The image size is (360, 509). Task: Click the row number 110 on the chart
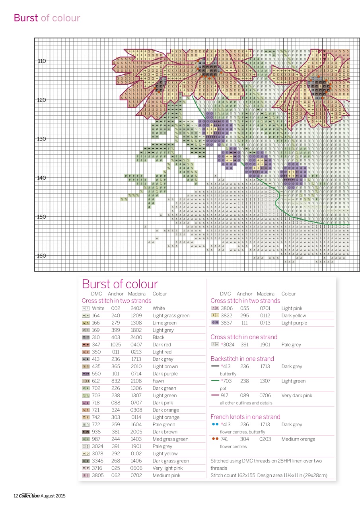[42, 61]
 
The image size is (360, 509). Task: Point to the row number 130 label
[42, 139]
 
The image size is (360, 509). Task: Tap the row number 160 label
[42, 256]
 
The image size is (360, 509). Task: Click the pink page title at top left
[47, 18]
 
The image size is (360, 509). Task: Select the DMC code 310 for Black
[96, 337]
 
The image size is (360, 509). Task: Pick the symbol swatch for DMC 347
[86, 345]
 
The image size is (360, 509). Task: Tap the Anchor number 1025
[116, 345]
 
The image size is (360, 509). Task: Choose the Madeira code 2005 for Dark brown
[136, 432]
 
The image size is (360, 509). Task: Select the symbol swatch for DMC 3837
[215, 323]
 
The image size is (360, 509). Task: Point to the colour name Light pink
[292, 308]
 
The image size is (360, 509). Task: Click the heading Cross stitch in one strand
[244, 337]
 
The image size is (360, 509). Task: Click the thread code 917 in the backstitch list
[225, 396]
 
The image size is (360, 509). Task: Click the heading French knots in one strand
[245, 417]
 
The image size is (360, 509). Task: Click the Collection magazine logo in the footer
[29, 495]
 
